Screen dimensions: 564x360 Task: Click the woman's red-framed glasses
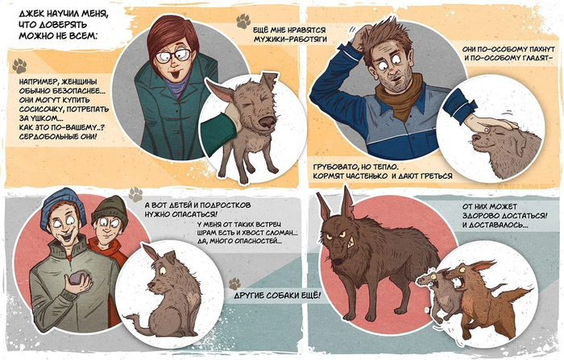pyautogui.click(x=173, y=56)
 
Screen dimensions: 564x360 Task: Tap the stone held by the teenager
pyautogui.click(x=78, y=279)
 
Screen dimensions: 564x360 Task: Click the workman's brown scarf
pyautogui.click(x=400, y=96)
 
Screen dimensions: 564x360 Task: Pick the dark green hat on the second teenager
pyautogui.click(x=110, y=210)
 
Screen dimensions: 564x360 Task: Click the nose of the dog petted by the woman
pyautogui.click(x=267, y=121)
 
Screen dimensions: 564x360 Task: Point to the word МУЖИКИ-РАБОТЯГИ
pyautogui.click(x=290, y=39)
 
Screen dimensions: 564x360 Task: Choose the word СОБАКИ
pyautogui.click(x=282, y=296)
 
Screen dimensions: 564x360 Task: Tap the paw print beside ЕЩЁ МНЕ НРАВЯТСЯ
pyautogui.click(x=243, y=21)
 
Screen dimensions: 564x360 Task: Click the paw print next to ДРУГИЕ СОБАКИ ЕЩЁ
pyautogui.click(x=234, y=283)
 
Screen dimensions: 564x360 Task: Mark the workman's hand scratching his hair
pyautogui.click(x=361, y=39)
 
